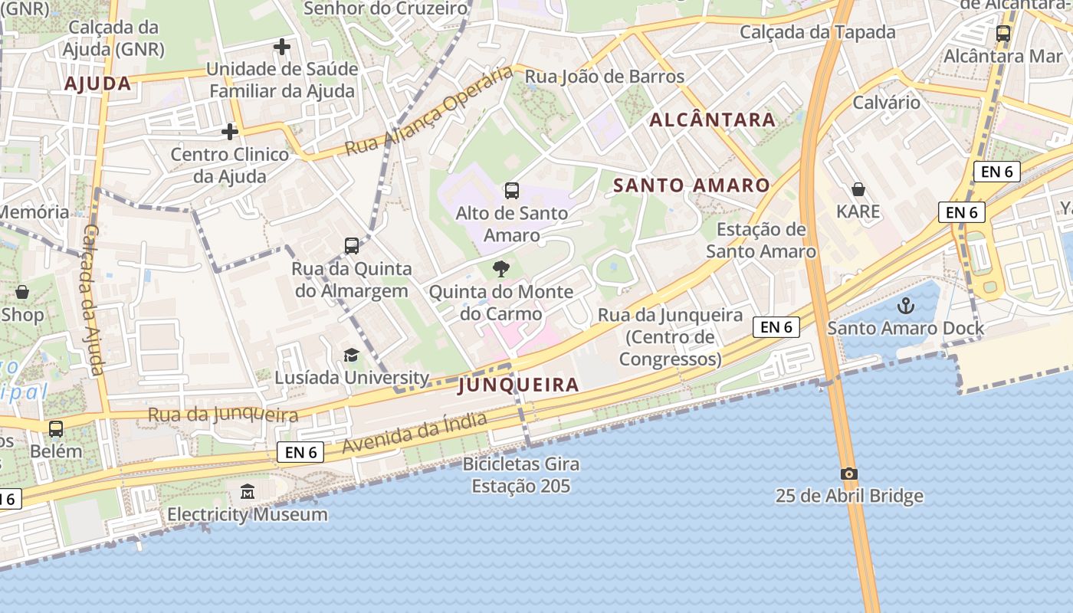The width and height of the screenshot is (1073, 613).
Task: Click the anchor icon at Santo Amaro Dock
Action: [906, 306]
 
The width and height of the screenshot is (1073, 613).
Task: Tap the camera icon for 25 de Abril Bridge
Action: [848, 474]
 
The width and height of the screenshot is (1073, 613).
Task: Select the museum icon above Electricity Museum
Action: [248, 491]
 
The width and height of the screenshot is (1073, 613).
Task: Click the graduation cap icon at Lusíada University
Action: [351, 355]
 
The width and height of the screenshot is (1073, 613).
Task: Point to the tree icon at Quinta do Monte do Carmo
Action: [501, 268]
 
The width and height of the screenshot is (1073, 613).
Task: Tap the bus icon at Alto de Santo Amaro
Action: [511, 190]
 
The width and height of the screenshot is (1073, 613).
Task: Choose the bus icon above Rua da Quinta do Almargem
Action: [352, 245]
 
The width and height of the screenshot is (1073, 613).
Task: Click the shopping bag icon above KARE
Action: [858, 188]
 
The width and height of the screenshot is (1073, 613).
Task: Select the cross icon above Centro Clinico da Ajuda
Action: [229, 132]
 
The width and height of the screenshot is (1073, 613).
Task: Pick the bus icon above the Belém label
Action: [56, 428]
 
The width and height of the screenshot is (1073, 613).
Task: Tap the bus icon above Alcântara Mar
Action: [1002, 34]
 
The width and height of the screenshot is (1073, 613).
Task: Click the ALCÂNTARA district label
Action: [713, 120]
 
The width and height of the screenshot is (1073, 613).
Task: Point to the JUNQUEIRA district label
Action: [518, 385]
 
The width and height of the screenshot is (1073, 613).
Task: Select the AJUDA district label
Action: [98, 84]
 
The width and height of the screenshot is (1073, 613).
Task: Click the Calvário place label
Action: [886, 103]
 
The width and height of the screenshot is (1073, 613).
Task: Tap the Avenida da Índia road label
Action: [414, 433]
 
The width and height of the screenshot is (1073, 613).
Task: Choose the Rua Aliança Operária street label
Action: [428, 111]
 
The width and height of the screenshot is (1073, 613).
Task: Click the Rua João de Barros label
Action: [604, 76]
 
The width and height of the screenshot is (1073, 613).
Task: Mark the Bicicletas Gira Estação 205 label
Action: [520, 475]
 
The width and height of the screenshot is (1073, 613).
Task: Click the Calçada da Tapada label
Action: [817, 32]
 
